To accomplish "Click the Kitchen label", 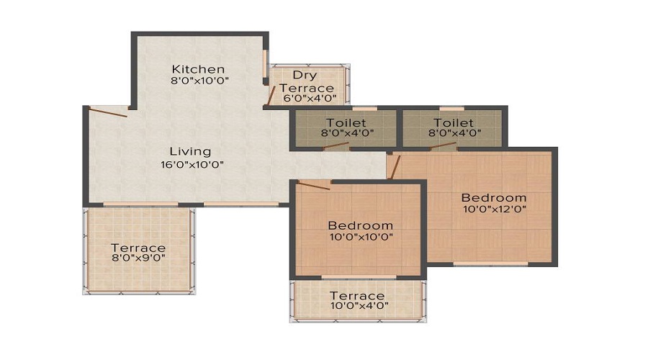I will coord(193,69).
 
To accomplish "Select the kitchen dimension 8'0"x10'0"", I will coord(199,81).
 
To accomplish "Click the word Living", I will coord(190,151).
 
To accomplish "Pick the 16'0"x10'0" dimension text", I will coord(192,164).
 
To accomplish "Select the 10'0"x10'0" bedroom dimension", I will coord(360,237).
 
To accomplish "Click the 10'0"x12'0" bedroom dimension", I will coord(494,210).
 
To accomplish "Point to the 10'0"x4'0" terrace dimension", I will coord(357,305).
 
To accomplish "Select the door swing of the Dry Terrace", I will coord(271,94).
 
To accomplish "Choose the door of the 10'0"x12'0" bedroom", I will coord(394,166).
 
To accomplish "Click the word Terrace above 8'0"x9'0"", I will coord(138,248).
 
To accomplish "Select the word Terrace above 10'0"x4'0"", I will coord(357,295).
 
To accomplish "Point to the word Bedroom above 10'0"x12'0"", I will coord(494,197).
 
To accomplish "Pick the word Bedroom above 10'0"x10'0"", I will coord(360,225).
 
